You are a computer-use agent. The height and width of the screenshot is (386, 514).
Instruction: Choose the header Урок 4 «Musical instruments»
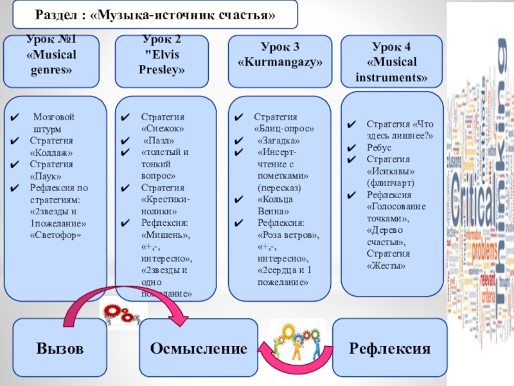coord(391,61)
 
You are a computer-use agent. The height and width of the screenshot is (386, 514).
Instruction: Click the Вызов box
coord(60,348)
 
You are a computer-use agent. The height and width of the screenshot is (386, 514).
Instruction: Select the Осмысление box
coord(199,348)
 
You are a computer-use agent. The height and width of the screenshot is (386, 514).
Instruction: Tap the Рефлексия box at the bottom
coord(389,348)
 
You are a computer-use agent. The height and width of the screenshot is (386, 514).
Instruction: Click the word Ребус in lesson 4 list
coord(379,147)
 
